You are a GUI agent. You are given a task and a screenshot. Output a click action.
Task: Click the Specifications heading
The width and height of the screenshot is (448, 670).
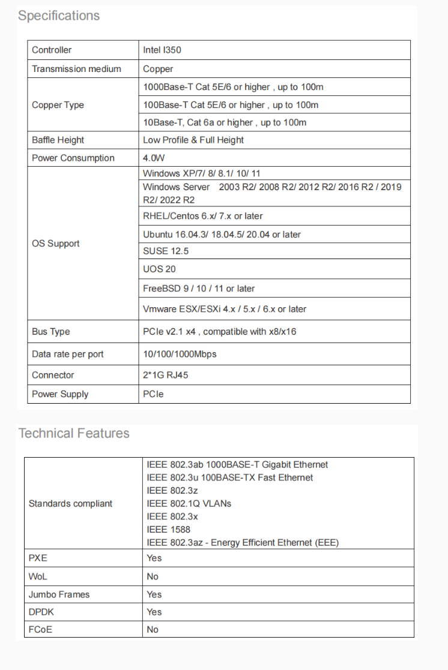pyautogui.click(x=59, y=16)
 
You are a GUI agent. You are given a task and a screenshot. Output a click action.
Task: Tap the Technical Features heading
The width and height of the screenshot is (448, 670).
pyautogui.click(x=74, y=433)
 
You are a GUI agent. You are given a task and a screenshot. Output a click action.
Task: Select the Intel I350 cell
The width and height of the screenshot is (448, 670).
pyautogui.click(x=162, y=50)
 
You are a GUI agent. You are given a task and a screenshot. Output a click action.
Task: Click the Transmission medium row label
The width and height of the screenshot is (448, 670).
pyautogui.click(x=76, y=69)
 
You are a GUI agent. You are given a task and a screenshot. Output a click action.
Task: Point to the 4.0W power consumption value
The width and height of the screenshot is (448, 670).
pyautogui.click(x=154, y=158)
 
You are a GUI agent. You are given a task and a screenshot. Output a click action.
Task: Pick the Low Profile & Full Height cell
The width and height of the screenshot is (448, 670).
pyautogui.click(x=193, y=140)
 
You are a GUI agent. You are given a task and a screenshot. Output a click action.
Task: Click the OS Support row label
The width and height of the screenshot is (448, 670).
pyautogui.click(x=56, y=244)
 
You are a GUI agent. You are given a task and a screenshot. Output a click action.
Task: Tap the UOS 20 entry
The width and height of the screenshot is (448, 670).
pyautogui.click(x=159, y=269)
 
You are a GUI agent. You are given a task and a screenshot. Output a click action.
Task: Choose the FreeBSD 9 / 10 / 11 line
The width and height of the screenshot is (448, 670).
pyautogui.click(x=199, y=289)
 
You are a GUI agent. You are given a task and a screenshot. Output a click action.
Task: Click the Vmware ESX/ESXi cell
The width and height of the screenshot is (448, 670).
pyautogui.click(x=225, y=309)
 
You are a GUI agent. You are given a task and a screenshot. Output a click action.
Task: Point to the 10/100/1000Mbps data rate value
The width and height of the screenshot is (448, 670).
pyautogui.click(x=180, y=354)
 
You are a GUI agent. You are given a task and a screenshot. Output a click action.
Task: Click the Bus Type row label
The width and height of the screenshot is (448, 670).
pyautogui.click(x=51, y=332)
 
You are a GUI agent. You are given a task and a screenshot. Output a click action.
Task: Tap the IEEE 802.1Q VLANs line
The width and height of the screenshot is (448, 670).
pyautogui.click(x=189, y=503)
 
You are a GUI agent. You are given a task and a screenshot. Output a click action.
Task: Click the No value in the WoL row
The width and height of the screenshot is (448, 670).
pyautogui.click(x=153, y=576)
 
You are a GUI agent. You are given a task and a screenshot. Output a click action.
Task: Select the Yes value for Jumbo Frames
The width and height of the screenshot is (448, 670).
pyautogui.click(x=154, y=594)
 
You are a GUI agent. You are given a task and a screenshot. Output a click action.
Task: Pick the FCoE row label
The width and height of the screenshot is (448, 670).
pyautogui.click(x=40, y=629)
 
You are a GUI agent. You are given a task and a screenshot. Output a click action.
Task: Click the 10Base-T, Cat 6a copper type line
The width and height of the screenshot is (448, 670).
pyautogui.click(x=225, y=122)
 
